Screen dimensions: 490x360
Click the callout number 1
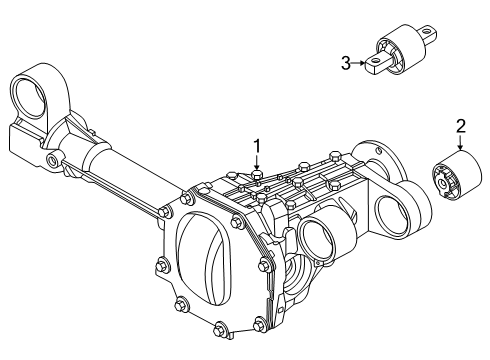(257, 146)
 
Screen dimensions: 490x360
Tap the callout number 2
(460, 126)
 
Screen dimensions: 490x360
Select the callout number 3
(346, 63)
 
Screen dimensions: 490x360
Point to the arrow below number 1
(257, 163)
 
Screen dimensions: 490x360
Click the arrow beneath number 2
(460, 142)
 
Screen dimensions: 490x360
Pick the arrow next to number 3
(359, 63)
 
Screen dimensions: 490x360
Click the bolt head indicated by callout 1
(257, 175)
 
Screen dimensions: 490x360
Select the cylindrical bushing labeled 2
(457, 176)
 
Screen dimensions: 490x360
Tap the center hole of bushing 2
(442, 183)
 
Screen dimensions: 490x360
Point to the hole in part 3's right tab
(426, 32)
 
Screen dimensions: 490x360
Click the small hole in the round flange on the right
(379, 150)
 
